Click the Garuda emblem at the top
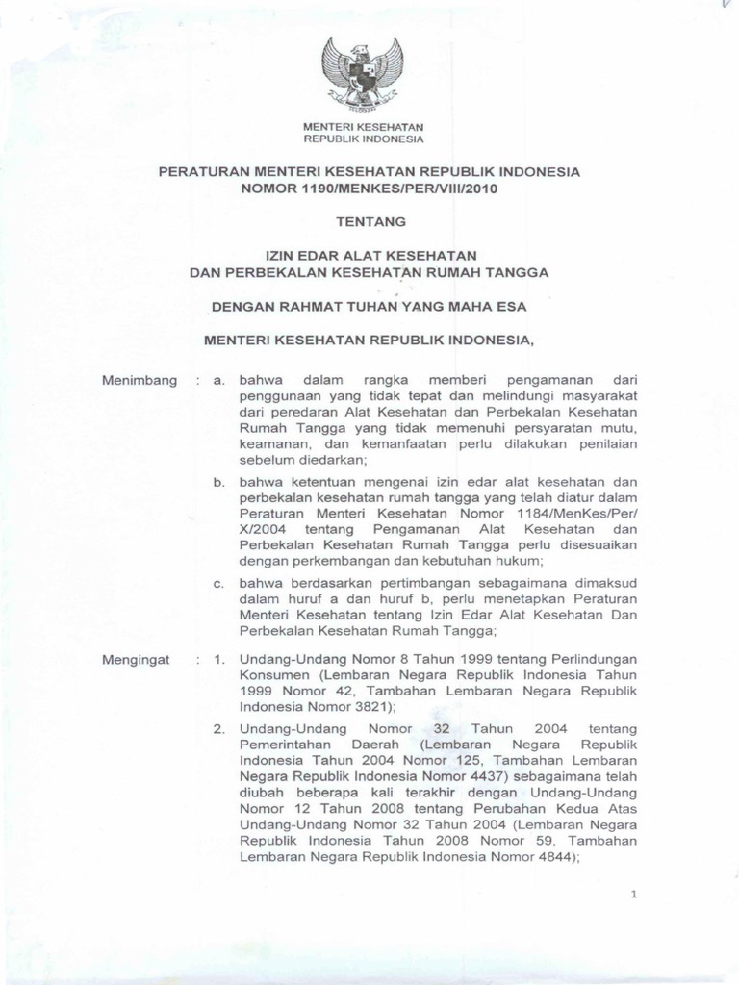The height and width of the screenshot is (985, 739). pyautogui.click(x=364, y=71)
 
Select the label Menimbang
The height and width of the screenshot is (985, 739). pyautogui.click(x=140, y=381)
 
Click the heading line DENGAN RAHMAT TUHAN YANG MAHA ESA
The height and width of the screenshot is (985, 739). pyautogui.click(x=369, y=308)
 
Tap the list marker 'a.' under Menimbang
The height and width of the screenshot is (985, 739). pyautogui.click(x=219, y=381)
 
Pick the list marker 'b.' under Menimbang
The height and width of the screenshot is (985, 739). pyautogui.click(x=219, y=481)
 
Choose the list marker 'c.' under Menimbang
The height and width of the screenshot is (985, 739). pyautogui.click(x=219, y=583)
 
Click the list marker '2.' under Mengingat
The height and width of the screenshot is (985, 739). pyautogui.click(x=219, y=727)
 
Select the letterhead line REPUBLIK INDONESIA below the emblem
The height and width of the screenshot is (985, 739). pyautogui.click(x=364, y=139)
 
